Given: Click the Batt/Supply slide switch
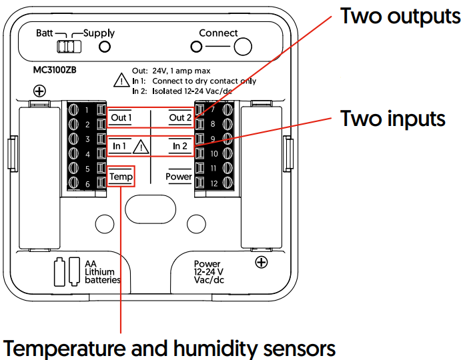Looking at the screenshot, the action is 69,47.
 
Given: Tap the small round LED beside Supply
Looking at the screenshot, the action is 105,47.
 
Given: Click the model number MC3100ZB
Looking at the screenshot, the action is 55,70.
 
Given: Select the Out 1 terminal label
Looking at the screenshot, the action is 121,117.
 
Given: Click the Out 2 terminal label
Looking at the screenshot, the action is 180,117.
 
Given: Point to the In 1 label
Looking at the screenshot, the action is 119,146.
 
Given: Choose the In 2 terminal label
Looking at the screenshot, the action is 180,146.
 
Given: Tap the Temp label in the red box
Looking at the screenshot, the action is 121,177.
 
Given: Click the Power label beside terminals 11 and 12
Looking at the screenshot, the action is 179,177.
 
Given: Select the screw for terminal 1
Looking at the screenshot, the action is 73,110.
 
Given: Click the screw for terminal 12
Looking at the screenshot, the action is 227,183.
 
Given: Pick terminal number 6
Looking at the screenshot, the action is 87,184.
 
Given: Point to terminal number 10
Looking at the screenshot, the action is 214,153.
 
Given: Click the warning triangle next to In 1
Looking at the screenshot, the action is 141,147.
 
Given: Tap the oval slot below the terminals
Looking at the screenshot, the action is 151,209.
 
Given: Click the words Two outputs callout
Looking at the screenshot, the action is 400,16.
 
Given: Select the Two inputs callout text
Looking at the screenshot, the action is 393,119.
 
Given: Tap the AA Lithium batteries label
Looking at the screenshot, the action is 103,272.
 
